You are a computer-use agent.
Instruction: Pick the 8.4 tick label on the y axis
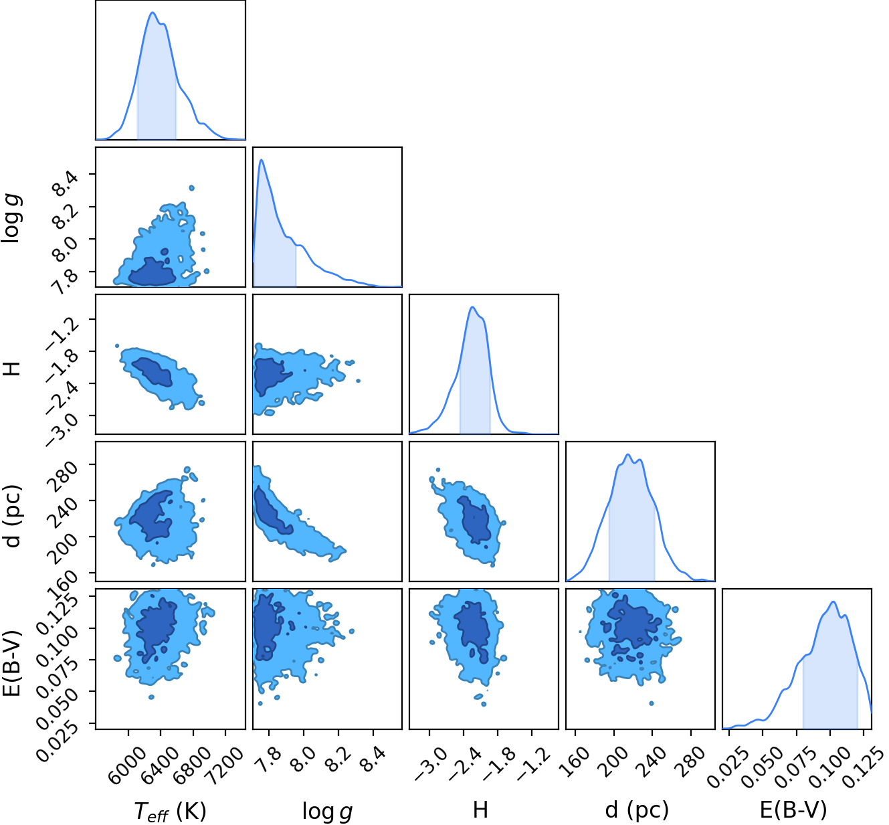point(66,183)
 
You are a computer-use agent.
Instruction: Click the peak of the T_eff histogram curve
point(153,12)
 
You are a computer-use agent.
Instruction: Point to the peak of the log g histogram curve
point(262,159)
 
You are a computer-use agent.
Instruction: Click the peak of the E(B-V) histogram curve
point(833,602)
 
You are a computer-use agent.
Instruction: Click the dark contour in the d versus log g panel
point(272,510)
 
